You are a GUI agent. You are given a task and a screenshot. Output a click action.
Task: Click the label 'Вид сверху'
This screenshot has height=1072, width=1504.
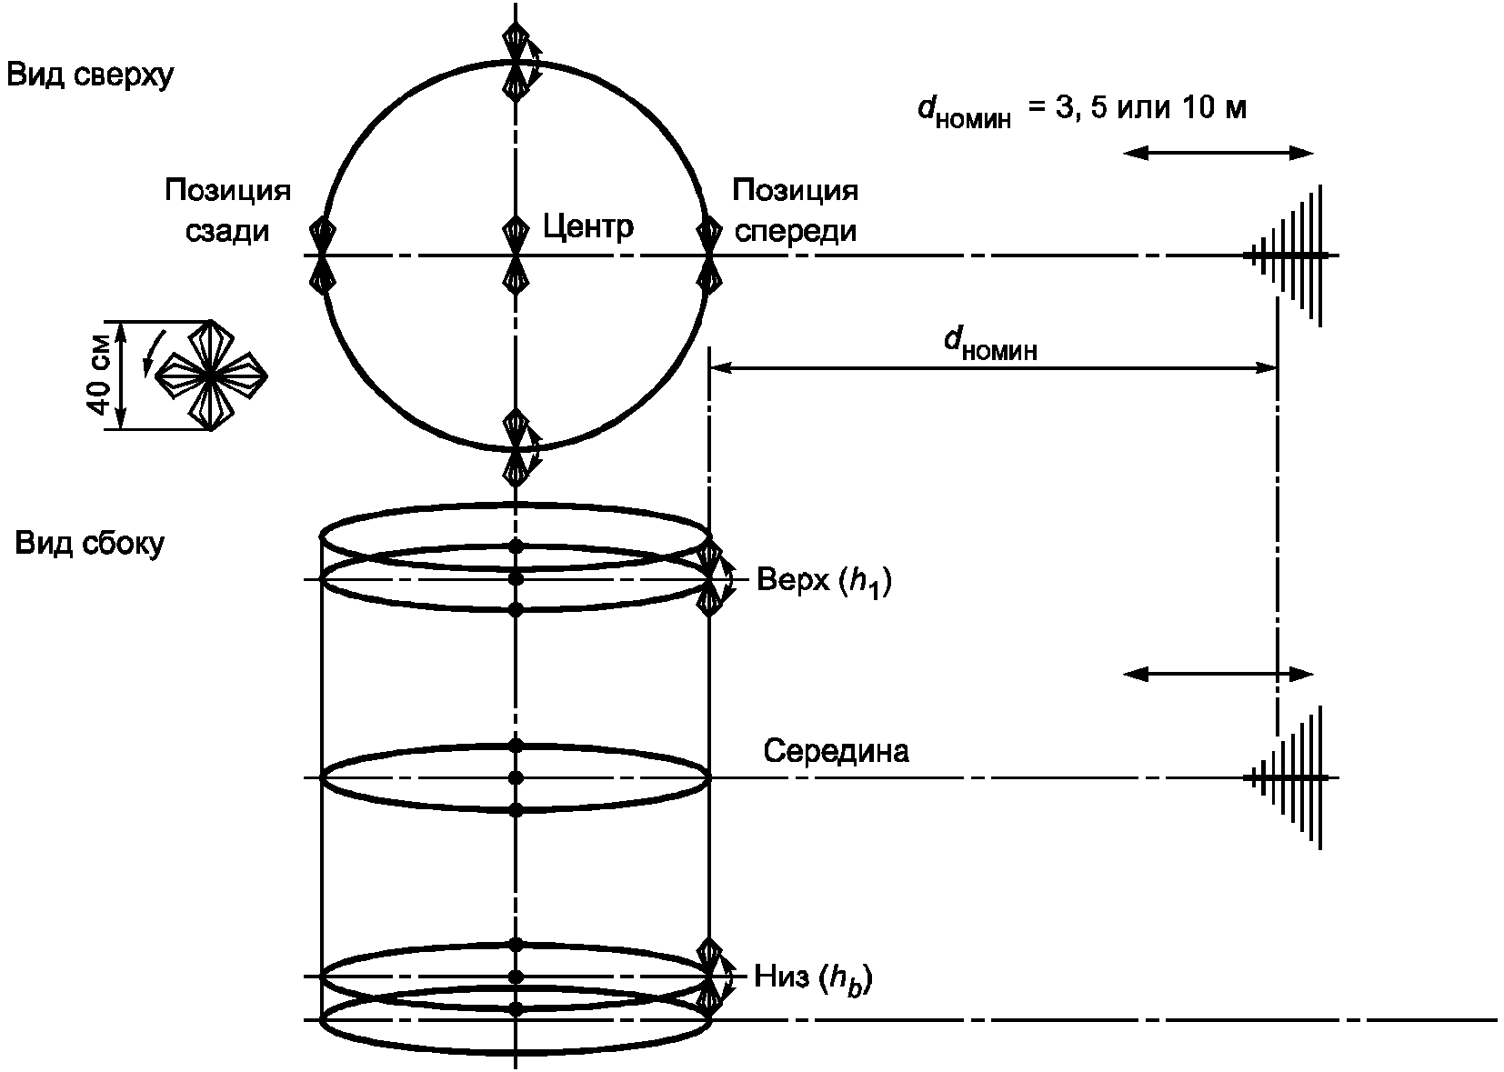click(90, 75)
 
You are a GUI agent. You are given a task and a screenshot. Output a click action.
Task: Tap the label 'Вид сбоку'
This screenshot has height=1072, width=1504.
click(90, 544)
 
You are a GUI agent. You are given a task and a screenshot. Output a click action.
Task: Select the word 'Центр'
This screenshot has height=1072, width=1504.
click(588, 227)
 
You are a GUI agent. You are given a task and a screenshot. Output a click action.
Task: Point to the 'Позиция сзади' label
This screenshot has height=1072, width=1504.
click(227, 210)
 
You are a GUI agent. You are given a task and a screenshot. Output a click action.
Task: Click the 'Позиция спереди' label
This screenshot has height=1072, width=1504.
click(796, 210)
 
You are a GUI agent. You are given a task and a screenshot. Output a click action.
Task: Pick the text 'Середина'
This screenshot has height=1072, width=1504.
click(836, 750)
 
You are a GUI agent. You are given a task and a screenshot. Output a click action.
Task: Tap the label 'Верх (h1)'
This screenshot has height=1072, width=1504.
click(825, 581)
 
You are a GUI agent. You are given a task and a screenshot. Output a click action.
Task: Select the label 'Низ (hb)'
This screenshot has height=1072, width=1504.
click(813, 978)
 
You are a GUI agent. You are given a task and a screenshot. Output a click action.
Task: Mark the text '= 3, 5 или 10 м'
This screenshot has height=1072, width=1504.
click(1138, 107)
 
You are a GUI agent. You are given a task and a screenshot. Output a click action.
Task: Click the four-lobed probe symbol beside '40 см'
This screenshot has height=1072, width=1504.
click(212, 376)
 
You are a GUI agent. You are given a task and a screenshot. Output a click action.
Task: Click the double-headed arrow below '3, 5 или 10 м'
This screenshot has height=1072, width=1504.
click(1218, 154)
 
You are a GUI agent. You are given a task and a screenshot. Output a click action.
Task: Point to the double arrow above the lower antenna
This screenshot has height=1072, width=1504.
click(1218, 674)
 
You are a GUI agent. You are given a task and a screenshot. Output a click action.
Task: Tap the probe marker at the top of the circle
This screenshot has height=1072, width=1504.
click(516, 63)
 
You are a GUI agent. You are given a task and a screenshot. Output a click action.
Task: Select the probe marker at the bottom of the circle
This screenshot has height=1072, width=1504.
click(516, 447)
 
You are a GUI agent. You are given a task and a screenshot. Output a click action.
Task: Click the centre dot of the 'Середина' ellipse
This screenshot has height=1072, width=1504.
click(516, 778)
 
